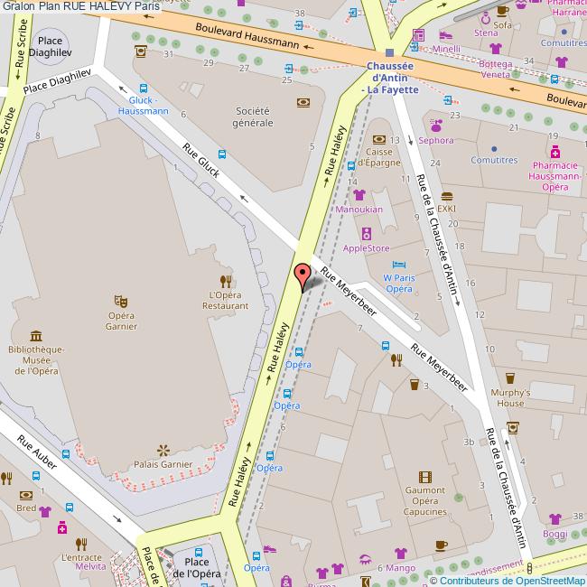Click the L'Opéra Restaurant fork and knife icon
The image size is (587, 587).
point(227,280)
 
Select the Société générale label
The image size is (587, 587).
point(254,116)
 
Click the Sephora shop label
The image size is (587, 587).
point(435,141)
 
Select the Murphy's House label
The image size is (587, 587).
point(508,398)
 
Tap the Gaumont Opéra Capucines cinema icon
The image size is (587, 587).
point(424,477)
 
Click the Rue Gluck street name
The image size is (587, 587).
point(200,160)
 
